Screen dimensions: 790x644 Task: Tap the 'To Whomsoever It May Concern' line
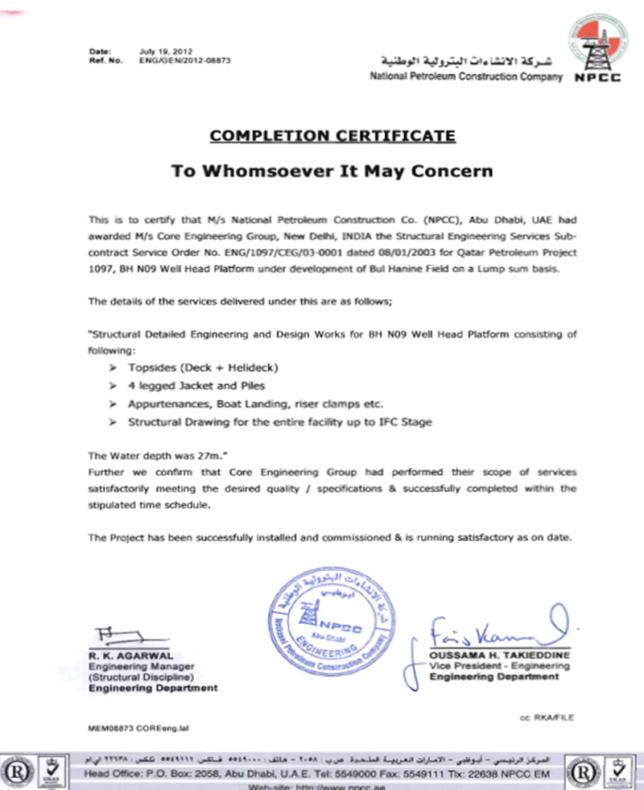pos(332,171)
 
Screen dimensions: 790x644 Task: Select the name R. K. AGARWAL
pos(125,656)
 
